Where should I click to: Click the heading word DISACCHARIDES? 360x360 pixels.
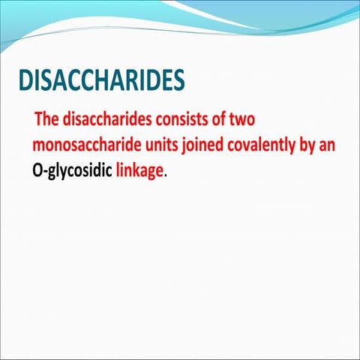pos(100,81)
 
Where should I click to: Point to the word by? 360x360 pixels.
pos(310,145)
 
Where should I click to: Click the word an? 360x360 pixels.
pos(330,145)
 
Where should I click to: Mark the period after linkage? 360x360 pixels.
pos(165,174)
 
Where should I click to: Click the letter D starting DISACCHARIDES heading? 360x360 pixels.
pos(25,81)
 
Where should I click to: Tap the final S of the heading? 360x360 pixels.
pos(178,81)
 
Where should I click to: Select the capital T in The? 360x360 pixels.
pos(39,119)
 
